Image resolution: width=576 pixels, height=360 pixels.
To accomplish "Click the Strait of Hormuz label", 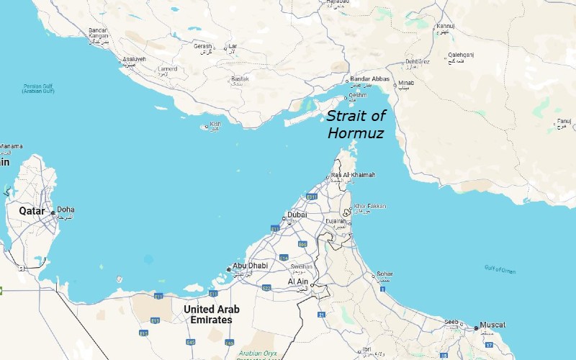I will pos(355,124).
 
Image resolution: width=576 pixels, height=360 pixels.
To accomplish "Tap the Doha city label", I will pos(65,210).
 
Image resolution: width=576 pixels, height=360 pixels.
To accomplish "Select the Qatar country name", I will pos(32,211).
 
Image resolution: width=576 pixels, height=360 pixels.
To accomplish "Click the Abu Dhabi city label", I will pos(250,266).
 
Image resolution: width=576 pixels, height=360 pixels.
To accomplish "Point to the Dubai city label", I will pos(297,215).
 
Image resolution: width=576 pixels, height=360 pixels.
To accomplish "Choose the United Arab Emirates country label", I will pos(212,314).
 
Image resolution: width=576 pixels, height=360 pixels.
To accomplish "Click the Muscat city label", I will pos(492,325).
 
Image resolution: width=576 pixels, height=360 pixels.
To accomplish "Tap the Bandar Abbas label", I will pos(371,80).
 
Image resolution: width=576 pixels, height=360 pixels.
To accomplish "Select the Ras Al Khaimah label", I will pos(353,175).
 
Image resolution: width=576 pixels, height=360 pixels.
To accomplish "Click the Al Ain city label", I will pos(297,282).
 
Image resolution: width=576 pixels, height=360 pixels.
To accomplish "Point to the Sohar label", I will pos(386,274).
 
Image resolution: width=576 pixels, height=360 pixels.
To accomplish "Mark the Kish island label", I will pos(215,124).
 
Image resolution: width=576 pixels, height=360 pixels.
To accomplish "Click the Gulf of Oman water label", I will pos(500,269).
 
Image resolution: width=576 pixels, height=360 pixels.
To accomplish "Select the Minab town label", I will pos(405,84).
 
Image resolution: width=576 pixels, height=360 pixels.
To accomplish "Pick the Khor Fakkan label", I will pos(370,207).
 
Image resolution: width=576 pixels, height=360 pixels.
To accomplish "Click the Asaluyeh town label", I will pos(135,60).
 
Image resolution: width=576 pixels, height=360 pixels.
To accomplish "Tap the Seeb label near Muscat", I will pos(451,323).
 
